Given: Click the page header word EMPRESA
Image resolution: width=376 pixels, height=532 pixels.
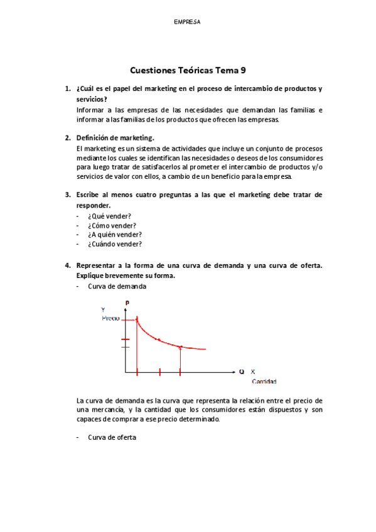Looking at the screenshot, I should click(187, 21).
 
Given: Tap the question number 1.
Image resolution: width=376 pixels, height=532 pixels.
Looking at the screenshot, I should click(68, 89).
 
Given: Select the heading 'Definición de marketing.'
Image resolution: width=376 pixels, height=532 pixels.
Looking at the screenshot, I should click(115, 137).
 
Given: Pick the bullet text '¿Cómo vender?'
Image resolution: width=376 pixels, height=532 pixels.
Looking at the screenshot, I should click(112, 225).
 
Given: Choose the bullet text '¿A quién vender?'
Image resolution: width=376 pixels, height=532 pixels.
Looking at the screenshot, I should click(115, 234).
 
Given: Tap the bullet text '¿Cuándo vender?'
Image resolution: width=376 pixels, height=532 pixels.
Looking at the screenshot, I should click(115, 244).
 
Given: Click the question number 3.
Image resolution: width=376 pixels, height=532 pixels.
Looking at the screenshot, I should click(68, 194).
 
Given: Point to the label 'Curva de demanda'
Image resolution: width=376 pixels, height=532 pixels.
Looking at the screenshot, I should click(117, 286).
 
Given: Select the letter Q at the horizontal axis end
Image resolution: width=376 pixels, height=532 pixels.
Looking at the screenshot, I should click(242, 371).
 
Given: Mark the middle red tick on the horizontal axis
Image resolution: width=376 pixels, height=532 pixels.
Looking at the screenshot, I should click(159, 372).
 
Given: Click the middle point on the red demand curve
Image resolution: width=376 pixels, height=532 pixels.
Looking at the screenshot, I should click(159, 339).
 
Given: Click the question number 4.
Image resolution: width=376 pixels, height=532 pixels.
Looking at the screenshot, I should click(68, 265).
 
